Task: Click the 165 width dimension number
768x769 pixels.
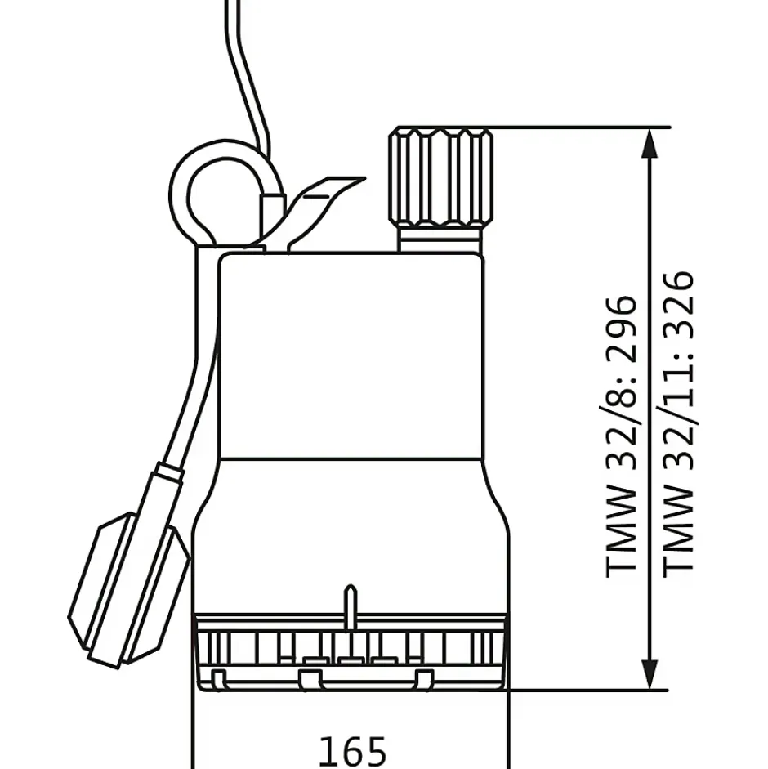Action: click(x=353, y=751)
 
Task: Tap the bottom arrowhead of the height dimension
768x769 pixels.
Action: click(x=650, y=674)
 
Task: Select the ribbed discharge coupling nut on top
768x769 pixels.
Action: click(x=441, y=177)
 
